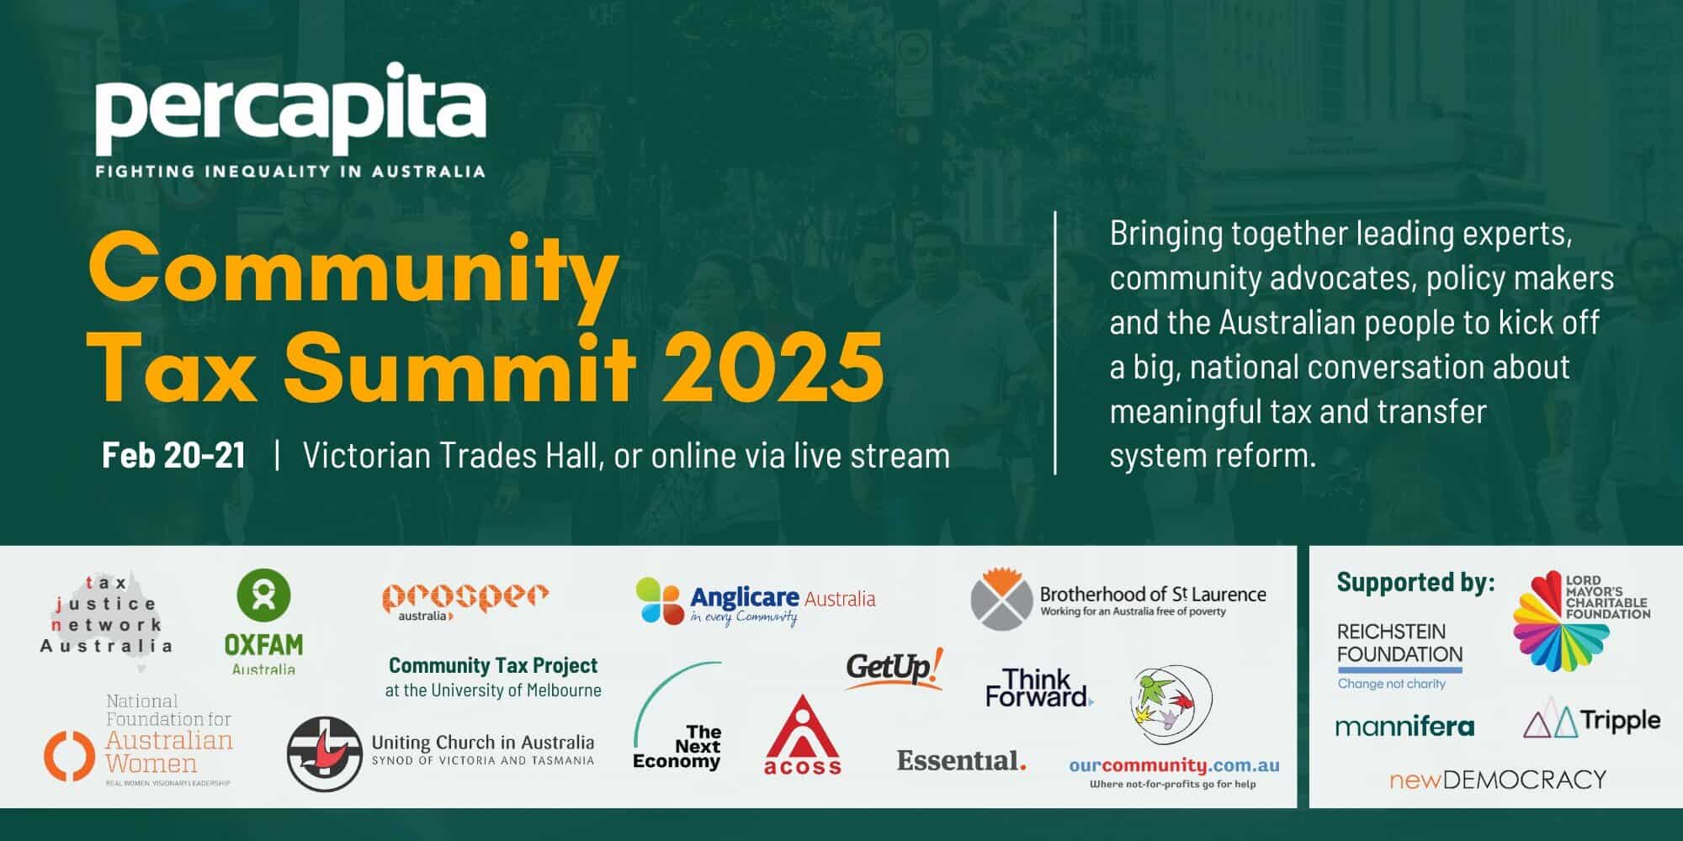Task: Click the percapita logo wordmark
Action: (290, 108)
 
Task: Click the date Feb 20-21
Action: (173, 455)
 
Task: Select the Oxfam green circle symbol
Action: (264, 595)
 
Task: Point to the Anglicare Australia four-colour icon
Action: (660, 600)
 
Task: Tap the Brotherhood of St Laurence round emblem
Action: (1001, 599)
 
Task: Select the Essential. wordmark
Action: (961, 760)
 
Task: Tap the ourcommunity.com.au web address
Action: (1174, 765)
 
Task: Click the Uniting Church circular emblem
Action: (325, 754)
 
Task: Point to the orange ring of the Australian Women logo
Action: (69, 754)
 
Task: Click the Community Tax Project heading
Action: (493, 665)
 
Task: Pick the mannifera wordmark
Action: (1404, 727)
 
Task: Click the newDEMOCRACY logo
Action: (1498, 780)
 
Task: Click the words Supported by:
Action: (1415, 582)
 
